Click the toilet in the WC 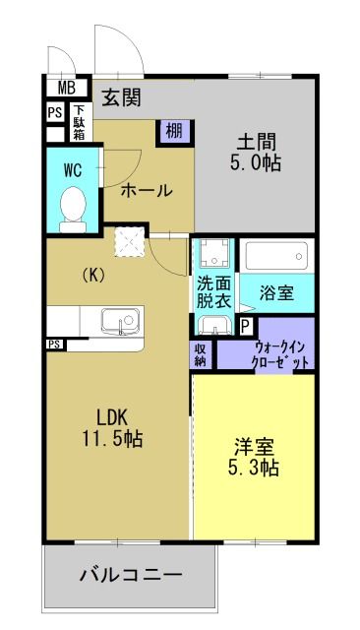(x=73, y=208)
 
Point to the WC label (x=73, y=168)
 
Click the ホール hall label (x=146, y=191)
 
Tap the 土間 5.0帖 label (x=258, y=152)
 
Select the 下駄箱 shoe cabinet (x=79, y=123)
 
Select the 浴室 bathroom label (x=276, y=292)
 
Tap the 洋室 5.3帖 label (x=255, y=457)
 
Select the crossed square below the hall (x=127, y=241)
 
